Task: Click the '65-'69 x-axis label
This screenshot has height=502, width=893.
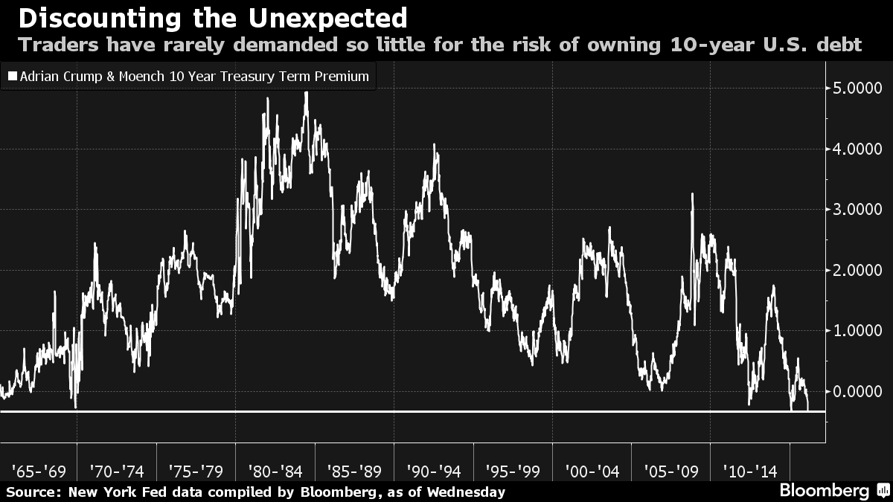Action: click(x=39, y=471)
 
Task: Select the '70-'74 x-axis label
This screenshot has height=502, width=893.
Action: click(x=117, y=471)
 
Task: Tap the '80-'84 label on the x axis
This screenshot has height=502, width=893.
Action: click(x=275, y=471)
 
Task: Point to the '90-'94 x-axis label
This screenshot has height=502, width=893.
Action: click(x=434, y=471)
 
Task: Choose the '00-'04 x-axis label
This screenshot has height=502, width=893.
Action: click(x=592, y=471)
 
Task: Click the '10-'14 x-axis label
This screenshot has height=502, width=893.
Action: click(x=750, y=471)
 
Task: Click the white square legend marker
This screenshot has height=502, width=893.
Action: click(x=11, y=77)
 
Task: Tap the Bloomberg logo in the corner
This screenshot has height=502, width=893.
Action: click(x=824, y=491)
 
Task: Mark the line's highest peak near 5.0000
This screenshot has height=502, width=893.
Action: click(x=306, y=92)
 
